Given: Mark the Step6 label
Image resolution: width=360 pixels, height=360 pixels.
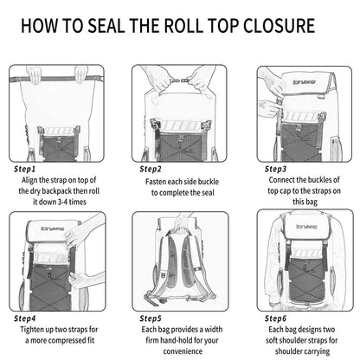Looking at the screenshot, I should [x=276, y=318].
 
